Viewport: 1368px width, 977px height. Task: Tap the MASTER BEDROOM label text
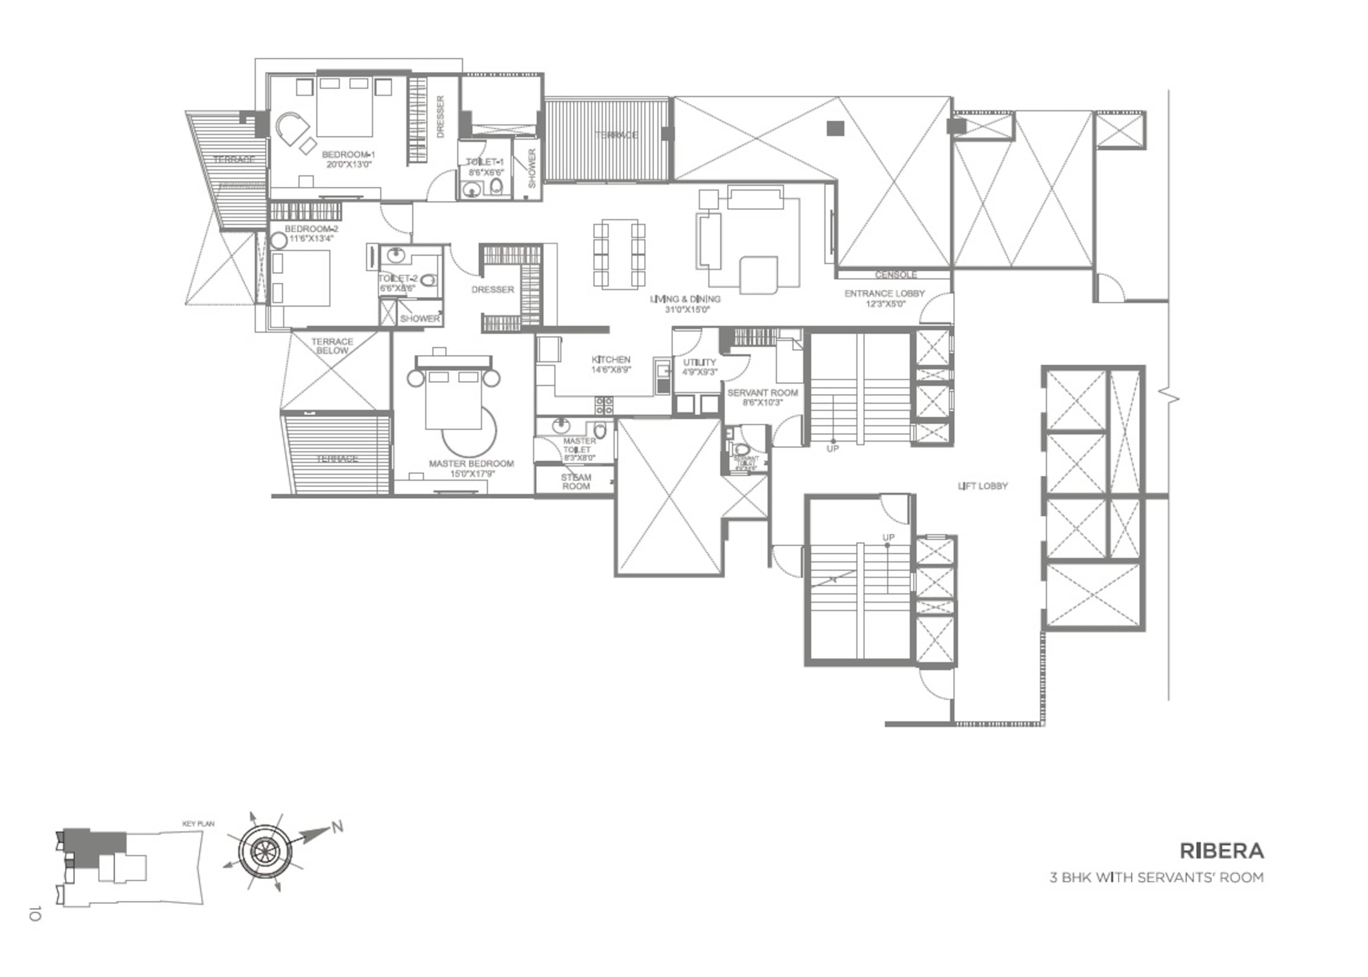click(x=471, y=464)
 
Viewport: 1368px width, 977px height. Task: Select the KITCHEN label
click(x=611, y=360)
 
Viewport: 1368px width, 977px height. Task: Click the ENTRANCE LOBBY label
click(x=884, y=294)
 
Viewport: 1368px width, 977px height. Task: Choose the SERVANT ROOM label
click(x=762, y=393)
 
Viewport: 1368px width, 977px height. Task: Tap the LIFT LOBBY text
click(x=982, y=486)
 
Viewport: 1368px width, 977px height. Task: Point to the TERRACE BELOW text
click(x=332, y=346)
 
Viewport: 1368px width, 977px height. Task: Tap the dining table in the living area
click(x=619, y=253)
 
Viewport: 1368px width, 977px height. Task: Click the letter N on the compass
click(x=337, y=827)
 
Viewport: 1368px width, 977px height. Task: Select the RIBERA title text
click(x=1221, y=851)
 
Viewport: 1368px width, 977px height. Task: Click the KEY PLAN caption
click(x=198, y=824)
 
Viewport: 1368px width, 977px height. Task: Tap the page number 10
click(x=34, y=913)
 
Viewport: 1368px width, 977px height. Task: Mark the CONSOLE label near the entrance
click(x=895, y=275)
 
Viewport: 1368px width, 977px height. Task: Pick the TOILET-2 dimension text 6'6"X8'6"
click(x=397, y=288)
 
